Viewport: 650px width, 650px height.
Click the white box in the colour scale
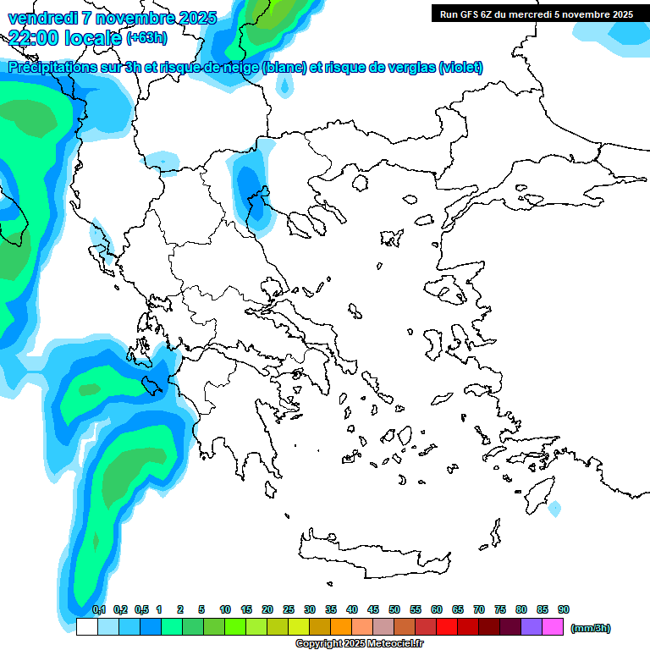point(86,627)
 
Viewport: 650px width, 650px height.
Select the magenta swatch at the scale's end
point(553,627)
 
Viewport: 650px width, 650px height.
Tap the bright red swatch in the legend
point(447,627)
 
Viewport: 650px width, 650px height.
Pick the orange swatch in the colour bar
point(341,627)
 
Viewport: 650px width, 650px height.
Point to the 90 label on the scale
point(564,609)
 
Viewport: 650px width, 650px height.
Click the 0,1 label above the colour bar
point(99,609)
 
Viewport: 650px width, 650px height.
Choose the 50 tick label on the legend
point(394,609)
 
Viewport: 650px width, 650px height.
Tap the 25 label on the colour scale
point(289,609)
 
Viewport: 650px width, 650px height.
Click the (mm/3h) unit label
point(591,628)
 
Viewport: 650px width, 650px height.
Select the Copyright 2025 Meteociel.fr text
point(359,643)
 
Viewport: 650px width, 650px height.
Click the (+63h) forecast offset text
point(146,38)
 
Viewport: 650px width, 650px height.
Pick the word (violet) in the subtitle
point(460,68)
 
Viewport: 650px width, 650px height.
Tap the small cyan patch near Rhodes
point(554,509)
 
